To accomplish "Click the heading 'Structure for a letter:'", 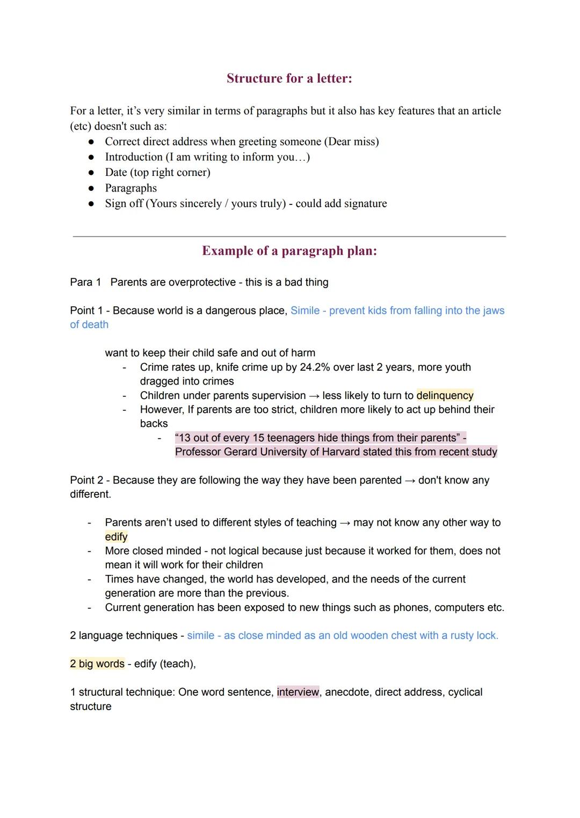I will pos(289,78).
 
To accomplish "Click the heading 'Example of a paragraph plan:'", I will pos(289,251).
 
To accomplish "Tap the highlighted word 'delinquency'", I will pos(445,396).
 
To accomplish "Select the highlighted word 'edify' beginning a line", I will pos(116,537).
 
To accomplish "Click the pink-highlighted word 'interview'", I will pos(298,692).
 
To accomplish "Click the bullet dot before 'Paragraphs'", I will pos(91,188).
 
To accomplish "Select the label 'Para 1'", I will pos(85,282).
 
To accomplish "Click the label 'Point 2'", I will pos(86,480).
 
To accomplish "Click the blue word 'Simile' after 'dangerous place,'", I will pos(305,311).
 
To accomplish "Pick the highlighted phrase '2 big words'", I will pos(97,664).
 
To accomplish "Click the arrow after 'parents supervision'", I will pos(314,396).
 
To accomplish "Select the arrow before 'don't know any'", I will pos(410,480).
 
